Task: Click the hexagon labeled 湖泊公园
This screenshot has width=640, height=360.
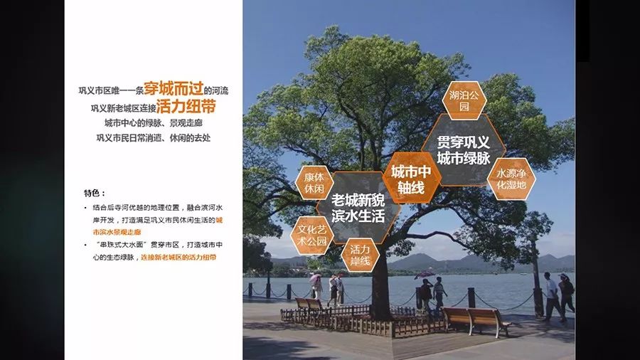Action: [464, 100]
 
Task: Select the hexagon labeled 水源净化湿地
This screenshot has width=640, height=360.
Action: [511, 179]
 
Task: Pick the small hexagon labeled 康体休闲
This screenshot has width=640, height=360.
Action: [314, 184]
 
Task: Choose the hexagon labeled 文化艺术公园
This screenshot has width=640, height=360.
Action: [312, 235]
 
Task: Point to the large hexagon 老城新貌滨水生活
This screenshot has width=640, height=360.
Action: [358, 206]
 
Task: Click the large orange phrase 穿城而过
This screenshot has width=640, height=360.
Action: [174, 90]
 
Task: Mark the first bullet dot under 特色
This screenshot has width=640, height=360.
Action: [85, 207]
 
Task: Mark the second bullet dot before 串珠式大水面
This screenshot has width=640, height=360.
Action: [85, 244]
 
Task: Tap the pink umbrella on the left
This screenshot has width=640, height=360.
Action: [315, 278]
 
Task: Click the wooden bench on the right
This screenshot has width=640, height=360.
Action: [476, 319]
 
